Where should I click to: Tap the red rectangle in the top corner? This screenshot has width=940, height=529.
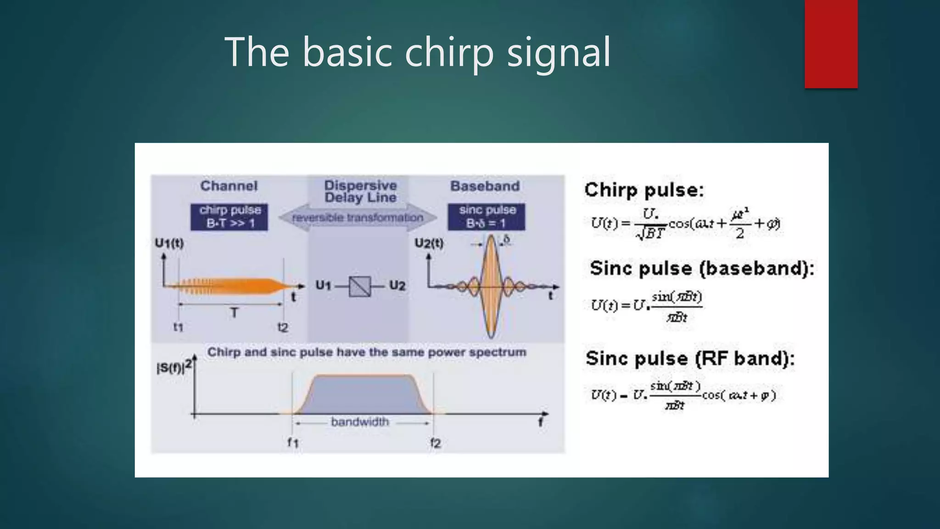tap(831, 44)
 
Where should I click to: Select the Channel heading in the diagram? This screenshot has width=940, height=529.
tap(229, 186)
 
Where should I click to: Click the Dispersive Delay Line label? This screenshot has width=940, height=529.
tap(360, 191)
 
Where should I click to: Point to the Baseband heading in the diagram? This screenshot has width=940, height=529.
tap(485, 186)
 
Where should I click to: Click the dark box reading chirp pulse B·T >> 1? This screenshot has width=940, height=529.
tap(229, 217)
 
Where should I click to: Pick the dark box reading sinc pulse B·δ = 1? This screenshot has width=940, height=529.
tap(487, 217)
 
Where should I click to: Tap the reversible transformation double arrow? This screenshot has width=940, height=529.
tap(357, 217)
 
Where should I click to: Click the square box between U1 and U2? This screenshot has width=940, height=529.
tap(359, 286)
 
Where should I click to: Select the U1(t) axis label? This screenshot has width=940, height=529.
tap(169, 243)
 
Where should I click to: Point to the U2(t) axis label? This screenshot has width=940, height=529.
tap(429, 243)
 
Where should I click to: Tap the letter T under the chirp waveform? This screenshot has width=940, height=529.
tap(234, 313)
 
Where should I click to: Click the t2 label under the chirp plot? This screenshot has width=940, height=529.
tap(283, 327)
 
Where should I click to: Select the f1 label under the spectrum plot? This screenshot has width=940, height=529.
tap(293, 443)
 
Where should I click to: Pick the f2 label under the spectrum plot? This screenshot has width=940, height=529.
tap(435, 443)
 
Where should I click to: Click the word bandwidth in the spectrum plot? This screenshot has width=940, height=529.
tap(359, 422)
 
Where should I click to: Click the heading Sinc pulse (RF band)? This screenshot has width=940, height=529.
tap(689, 359)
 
